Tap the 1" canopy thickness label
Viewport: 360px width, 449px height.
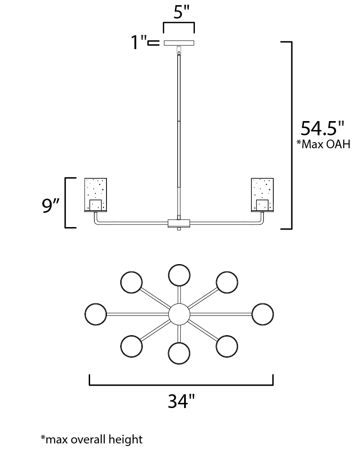pyautogui.click(x=139, y=43)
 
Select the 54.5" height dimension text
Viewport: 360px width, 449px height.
pyautogui.click(x=322, y=128)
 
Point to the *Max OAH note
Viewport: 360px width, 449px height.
pyautogui.click(x=323, y=144)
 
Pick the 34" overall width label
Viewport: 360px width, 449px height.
pyautogui.click(x=181, y=402)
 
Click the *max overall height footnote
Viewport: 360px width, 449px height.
pyautogui.click(x=91, y=440)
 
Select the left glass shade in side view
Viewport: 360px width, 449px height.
pyautogui.click(x=95, y=195)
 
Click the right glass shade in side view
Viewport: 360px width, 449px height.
pyautogui.click(x=263, y=195)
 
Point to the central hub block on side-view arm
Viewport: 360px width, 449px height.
pyautogui.click(x=178, y=223)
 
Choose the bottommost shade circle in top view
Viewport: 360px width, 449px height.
pyautogui.click(x=179, y=354)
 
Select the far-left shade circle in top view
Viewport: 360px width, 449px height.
pyautogui.click(x=96, y=314)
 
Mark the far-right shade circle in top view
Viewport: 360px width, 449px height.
pyautogui.click(x=263, y=314)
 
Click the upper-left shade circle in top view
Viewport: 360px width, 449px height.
pyautogui.click(x=131, y=282)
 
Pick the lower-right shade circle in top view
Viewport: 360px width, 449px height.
pyautogui.click(x=227, y=346)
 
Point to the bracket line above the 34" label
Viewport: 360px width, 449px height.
pyautogui.click(x=181, y=384)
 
